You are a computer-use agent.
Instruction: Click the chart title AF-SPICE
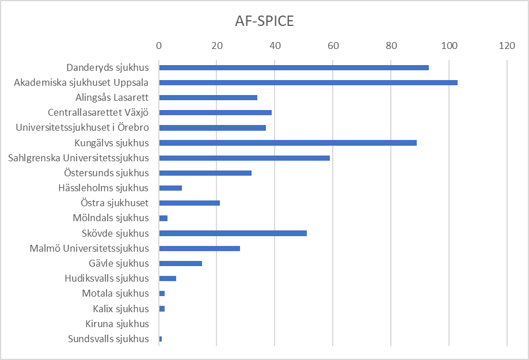pyautogui.click(x=264, y=21)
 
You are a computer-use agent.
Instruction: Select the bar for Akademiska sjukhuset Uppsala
pyautogui.click(x=308, y=82)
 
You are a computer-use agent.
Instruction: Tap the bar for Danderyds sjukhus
pyautogui.click(x=294, y=67)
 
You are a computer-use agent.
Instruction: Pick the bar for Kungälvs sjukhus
pyautogui.click(x=288, y=143)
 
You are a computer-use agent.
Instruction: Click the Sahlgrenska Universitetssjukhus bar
pyautogui.click(x=244, y=158)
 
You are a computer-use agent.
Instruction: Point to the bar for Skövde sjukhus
pyautogui.click(x=233, y=233)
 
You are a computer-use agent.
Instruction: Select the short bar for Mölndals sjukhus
pyautogui.click(x=163, y=218)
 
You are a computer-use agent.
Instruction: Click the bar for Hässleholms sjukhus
pyautogui.click(x=170, y=188)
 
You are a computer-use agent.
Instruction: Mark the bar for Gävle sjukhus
pyautogui.click(x=180, y=263)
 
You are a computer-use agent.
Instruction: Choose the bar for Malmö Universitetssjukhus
pyautogui.click(x=199, y=248)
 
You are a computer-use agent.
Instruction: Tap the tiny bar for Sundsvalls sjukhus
pyautogui.click(x=161, y=339)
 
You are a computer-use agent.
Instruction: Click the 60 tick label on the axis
pyautogui.click(x=333, y=46)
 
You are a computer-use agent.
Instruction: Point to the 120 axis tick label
pyautogui.click(x=507, y=46)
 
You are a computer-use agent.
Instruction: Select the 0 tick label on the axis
pyautogui.click(x=159, y=46)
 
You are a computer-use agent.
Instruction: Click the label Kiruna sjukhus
pyautogui.click(x=117, y=324)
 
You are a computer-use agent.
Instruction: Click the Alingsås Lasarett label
pyautogui.click(x=112, y=97)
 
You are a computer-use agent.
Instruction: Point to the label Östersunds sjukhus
pyautogui.click(x=106, y=173)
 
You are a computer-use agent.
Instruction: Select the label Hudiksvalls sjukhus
pyautogui.click(x=107, y=278)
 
